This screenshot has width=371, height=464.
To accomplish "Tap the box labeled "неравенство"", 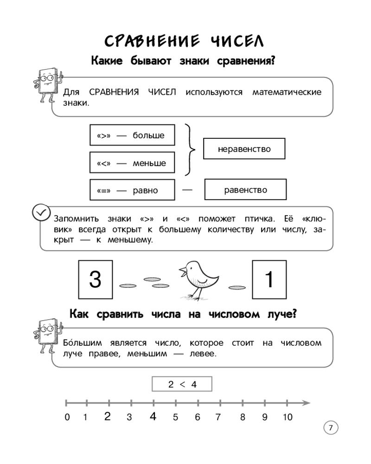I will pyautogui.click(x=244, y=149).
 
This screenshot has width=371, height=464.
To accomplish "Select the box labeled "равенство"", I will pyautogui.click(x=245, y=190).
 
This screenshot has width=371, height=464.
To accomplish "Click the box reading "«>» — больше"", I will pyautogui.click(x=132, y=136).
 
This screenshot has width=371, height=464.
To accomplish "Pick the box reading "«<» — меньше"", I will pyautogui.click(x=132, y=163).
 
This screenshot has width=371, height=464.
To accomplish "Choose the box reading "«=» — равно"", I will pyautogui.click(x=132, y=190).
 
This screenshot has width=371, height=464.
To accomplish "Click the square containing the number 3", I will pyautogui.click(x=95, y=279).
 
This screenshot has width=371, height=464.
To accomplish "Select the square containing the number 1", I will pyautogui.click(x=268, y=279).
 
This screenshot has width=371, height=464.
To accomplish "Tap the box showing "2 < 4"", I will pyautogui.click(x=182, y=384).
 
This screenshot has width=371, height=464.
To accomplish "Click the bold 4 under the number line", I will pyautogui.click(x=153, y=416).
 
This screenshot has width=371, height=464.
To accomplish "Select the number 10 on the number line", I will pyautogui.click(x=287, y=417).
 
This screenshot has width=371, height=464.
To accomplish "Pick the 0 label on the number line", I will pyautogui.click(x=67, y=417).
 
